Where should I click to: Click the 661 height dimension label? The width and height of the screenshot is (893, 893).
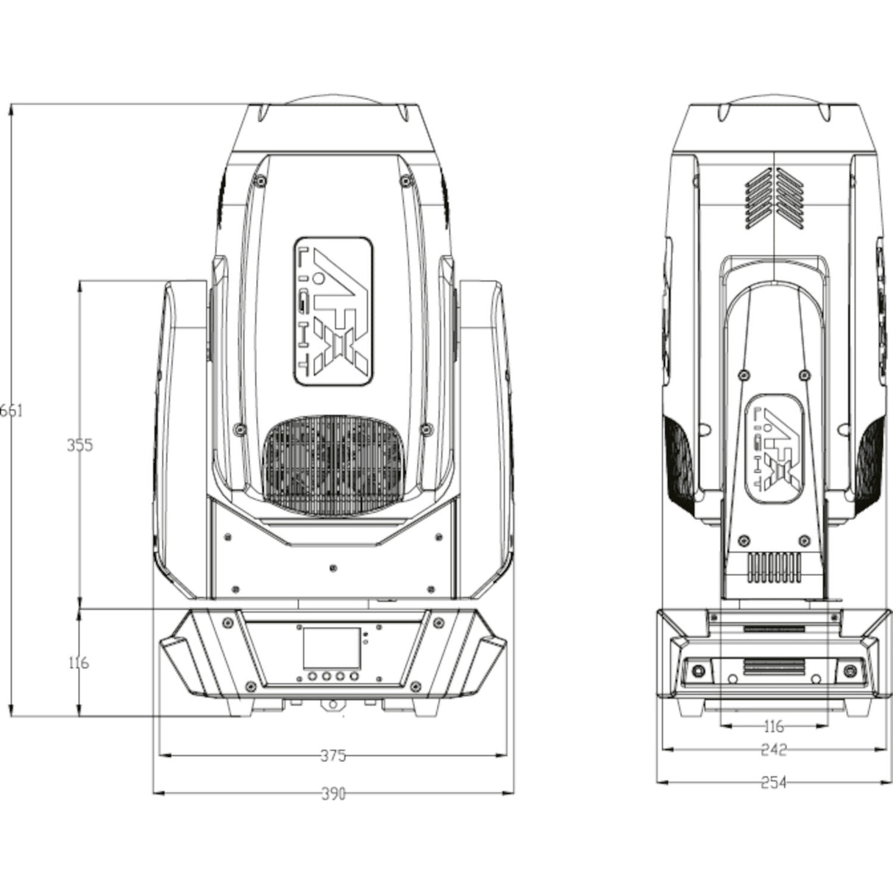click(x=11, y=410)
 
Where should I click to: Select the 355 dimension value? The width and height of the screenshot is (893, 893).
click(x=79, y=445)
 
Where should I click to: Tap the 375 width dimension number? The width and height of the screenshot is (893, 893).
click(x=332, y=755)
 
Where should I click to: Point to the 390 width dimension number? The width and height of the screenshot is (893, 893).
click(x=332, y=794)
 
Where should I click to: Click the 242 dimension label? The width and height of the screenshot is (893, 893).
click(x=773, y=750)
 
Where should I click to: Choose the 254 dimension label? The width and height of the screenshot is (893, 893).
click(x=773, y=783)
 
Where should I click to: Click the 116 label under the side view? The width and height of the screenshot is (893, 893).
click(x=773, y=727)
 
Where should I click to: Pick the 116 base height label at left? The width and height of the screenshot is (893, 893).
click(x=78, y=663)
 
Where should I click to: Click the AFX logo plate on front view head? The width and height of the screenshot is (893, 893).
click(x=333, y=311)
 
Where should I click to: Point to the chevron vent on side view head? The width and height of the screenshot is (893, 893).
click(x=775, y=196)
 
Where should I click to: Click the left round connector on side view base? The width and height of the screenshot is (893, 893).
click(x=697, y=669)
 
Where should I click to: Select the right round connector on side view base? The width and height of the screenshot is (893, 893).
click(x=851, y=669)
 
